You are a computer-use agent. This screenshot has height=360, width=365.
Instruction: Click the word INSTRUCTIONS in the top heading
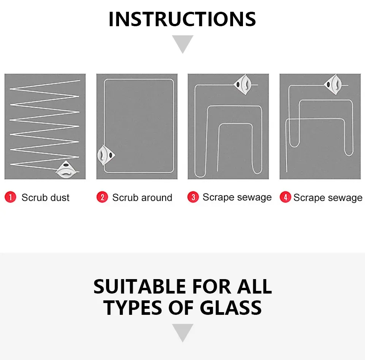[x=182, y=19]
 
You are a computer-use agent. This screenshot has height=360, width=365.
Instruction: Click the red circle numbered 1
[x=10, y=197]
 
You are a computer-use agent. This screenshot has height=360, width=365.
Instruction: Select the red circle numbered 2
[x=102, y=197]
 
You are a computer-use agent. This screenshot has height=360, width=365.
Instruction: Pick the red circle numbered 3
[x=193, y=197]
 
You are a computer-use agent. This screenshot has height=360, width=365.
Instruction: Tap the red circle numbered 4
[x=285, y=197]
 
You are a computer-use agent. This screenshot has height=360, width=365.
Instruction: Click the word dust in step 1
[x=60, y=197]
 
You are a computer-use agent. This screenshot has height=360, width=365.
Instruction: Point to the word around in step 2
[x=157, y=198]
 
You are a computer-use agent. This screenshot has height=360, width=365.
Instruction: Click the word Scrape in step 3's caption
[x=218, y=197]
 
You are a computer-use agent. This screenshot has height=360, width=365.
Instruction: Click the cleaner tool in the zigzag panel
[x=66, y=169]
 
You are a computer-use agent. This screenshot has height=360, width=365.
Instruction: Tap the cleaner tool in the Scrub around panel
[x=106, y=155]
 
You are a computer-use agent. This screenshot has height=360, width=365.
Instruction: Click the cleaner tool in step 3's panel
[x=242, y=84]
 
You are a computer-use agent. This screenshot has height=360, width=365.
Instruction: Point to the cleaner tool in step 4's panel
[x=333, y=84]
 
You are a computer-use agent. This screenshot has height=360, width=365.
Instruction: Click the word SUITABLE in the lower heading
[x=140, y=286]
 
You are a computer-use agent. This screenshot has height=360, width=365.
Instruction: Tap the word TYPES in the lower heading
[x=132, y=308]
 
